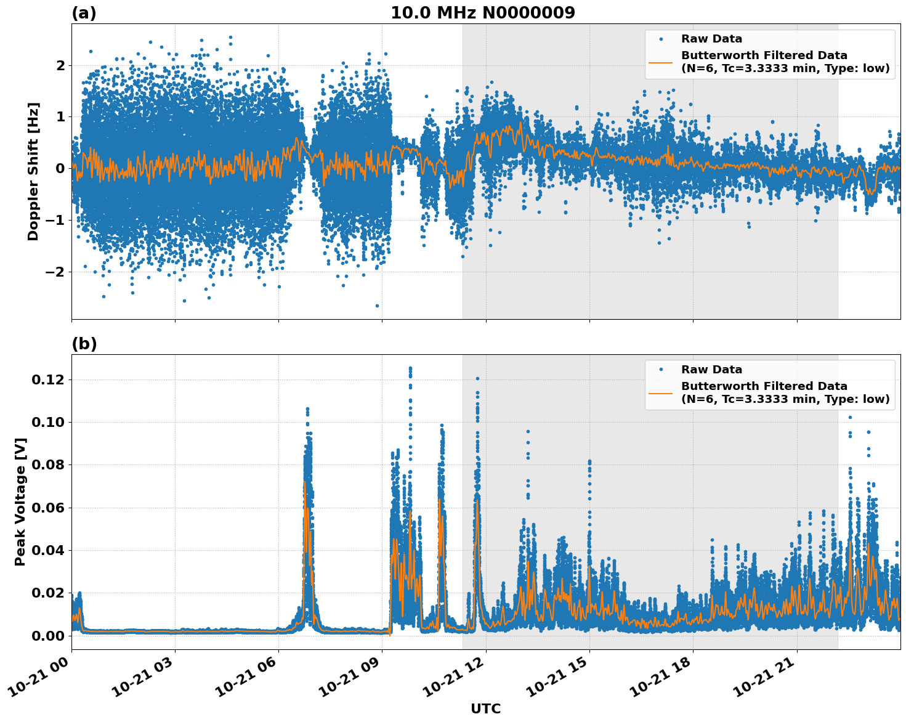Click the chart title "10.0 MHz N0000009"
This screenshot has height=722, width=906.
pyautogui.click(x=482, y=13)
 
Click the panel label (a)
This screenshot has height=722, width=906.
pyautogui.click(x=84, y=13)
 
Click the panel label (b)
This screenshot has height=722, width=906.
pyautogui.click(x=84, y=344)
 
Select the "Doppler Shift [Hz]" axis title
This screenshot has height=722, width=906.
pyautogui.click(x=33, y=171)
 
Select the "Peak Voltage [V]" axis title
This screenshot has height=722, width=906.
pyautogui.click(x=20, y=501)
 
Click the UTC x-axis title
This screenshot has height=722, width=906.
pyautogui.click(x=485, y=708)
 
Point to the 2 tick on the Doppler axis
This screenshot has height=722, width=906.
pyautogui.click(x=60, y=65)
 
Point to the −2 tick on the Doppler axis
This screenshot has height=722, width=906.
pyautogui.click(x=56, y=272)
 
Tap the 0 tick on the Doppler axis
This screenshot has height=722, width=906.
pyautogui.click(x=60, y=168)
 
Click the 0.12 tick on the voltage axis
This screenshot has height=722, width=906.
pyautogui.click(x=48, y=380)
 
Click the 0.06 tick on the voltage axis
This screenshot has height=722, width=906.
pyautogui.click(x=48, y=508)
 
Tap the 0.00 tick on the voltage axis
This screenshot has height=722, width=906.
pyautogui.click(x=48, y=635)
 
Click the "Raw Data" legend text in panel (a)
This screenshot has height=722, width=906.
pyautogui.click(x=711, y=39)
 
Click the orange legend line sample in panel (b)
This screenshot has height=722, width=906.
pyautogui.click(x=661, y=392)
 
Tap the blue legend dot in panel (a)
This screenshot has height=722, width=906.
pyautogui.click(x=661, y=39)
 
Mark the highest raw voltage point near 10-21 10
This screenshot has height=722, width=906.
pyautogui.click(x=410, y=368)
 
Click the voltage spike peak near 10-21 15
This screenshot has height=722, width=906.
pyautogui.click(x=589, y=461)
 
